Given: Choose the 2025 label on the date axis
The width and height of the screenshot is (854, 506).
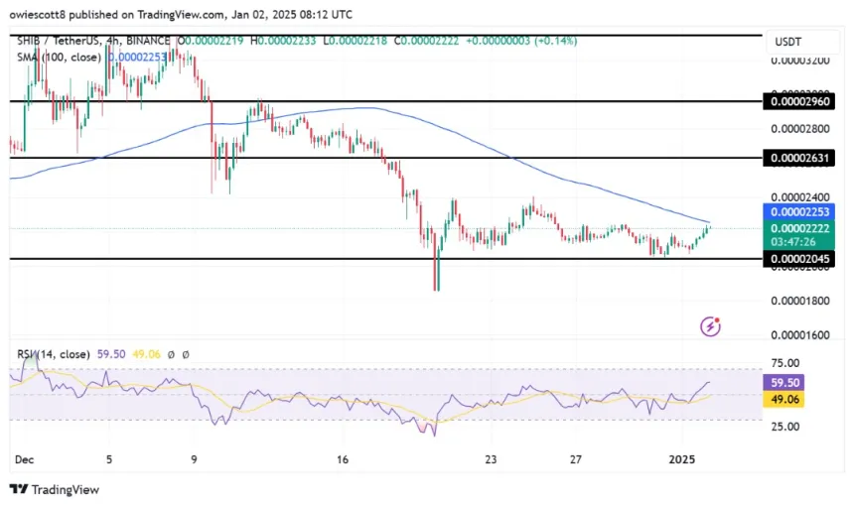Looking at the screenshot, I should point(682,459).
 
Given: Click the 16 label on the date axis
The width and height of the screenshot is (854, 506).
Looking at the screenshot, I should point(342,459).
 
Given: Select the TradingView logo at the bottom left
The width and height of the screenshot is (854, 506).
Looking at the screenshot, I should point(55,489).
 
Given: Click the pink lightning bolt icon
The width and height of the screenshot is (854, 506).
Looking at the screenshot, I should point(710,325).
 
